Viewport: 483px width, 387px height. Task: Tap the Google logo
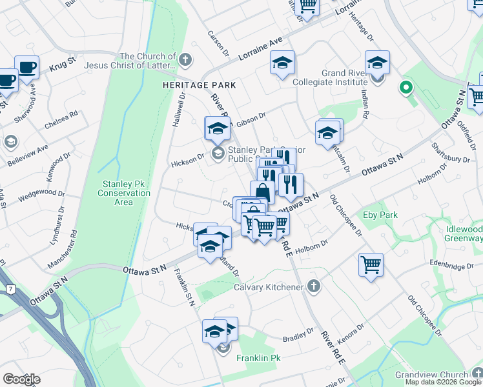[21, 379]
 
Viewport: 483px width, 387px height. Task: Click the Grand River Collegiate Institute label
[335, 78]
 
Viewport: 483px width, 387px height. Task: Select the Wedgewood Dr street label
[42, 193]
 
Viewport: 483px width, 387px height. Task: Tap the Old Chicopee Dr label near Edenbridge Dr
[425, 317]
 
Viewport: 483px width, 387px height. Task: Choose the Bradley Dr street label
[298, 338]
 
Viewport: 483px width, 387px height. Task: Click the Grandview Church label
[442, 375]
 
